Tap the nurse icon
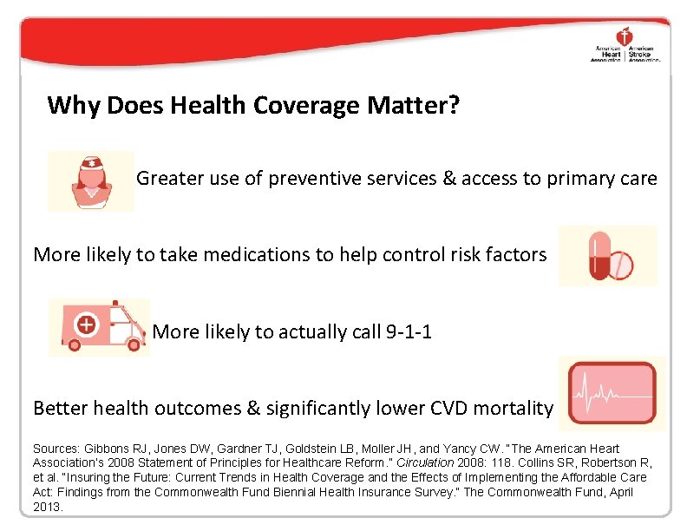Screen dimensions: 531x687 [x=90, y=181]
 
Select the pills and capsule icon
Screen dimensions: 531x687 [x=609, y=256]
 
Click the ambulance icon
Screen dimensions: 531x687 [x=98, y=327]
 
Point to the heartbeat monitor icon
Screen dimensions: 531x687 [x=612, y=392]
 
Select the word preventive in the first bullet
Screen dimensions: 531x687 [x=311, y=179]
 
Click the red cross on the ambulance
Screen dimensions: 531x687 [x=86, y=325]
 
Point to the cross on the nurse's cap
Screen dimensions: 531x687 [x=90, y=164]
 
